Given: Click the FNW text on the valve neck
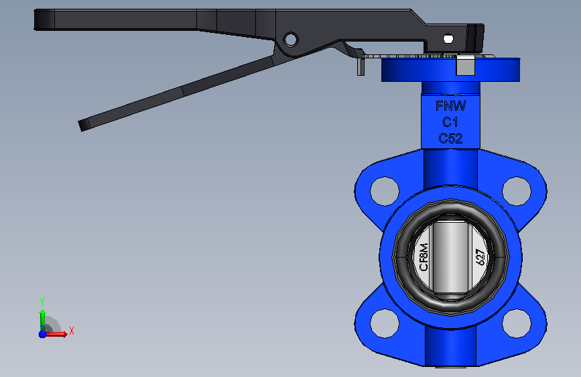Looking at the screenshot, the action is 450,106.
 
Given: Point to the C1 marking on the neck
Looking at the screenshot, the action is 450,122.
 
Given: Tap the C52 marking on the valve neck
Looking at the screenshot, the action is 450,138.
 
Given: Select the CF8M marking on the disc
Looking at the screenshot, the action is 424,257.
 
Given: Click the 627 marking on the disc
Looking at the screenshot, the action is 480,257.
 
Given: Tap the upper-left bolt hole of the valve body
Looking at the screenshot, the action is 385,191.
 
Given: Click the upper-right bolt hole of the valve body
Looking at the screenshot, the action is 517,191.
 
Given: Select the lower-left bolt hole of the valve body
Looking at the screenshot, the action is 385,323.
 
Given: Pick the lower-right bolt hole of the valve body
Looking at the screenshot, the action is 517,323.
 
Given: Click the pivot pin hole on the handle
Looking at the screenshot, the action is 291,40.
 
